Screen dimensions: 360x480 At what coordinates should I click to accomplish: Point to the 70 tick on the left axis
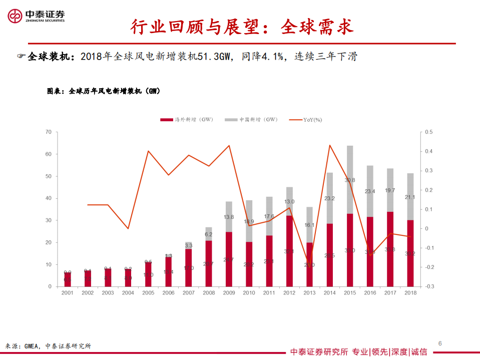pyautogui.click(x=48, y=132)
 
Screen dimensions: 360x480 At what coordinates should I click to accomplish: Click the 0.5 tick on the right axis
pyautogui.click(x=428, y=132)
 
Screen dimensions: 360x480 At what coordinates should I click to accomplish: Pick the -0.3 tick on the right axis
pyautogui.click(x=428, y=286)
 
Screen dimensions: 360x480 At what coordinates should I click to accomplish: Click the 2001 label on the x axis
pyautogui.click(x=68, y=292)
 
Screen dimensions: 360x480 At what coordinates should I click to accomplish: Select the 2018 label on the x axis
pyautogui.click(x=410, y=292)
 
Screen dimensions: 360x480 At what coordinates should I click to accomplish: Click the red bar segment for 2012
pyautogui.click(x=289, y=250)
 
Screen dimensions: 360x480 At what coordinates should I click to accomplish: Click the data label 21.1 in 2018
pyautogui.click(x=410, y=197)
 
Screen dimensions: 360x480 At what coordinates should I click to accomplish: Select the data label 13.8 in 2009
pyautogui.click(x=229, y=217)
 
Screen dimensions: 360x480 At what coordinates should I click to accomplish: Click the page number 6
pyautogui.click(x=439, y=343)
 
